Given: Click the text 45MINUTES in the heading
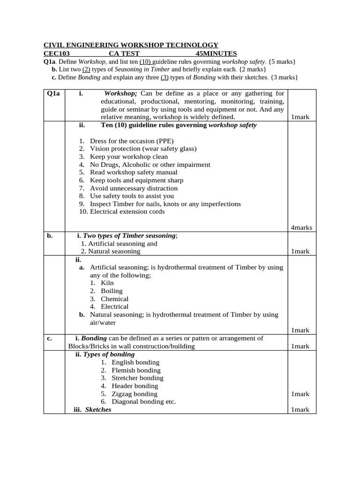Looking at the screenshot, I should [216, 53].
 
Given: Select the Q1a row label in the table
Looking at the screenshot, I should [54, 93].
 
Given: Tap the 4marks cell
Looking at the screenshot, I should [301, 227].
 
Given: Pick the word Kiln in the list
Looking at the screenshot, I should [107, 283].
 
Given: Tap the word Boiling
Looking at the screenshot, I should [112, 291].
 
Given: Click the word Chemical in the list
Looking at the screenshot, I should [114, 299].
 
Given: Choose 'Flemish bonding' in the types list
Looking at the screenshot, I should [136, 370].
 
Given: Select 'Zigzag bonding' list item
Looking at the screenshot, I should [135, 394].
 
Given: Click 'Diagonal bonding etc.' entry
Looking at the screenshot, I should [144, 402].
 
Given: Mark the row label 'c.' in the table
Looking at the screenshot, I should [49, 338].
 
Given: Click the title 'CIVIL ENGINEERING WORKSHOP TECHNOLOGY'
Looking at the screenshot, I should [131, 45].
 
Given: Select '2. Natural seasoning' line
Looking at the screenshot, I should [111, 251].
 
